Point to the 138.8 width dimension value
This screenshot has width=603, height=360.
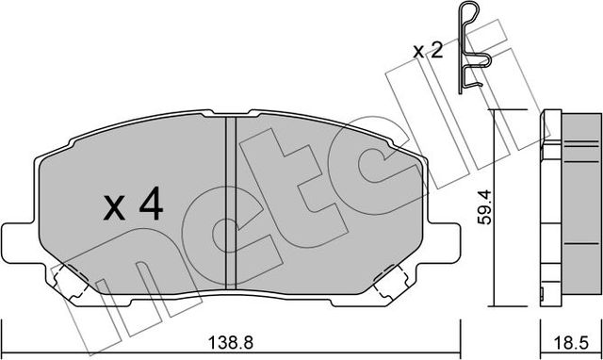click(x=230, y=345)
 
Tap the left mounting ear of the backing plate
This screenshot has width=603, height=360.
click(x=17, y=240)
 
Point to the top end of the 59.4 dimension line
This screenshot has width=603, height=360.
click(x=496, y=111)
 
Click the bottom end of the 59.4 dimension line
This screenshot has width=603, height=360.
click(x=496, y=306)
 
